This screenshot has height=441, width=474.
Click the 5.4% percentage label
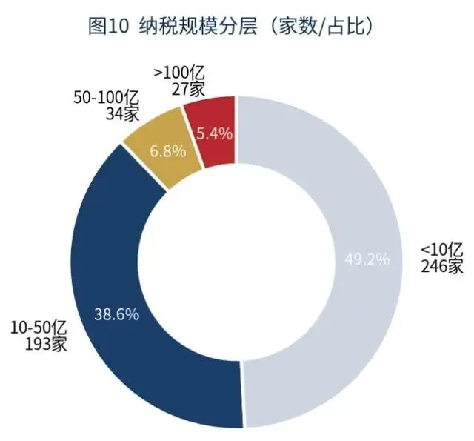[214, 133]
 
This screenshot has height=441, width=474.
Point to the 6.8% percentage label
[168, 151]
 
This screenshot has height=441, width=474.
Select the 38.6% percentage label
[117, 314]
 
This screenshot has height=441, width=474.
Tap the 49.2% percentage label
[367, 259]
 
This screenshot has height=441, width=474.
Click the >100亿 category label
[179, 73]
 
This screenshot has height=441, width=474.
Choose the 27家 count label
[188, 89]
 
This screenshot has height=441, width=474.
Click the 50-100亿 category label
[106, 98]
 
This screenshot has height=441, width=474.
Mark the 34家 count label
[122, 113]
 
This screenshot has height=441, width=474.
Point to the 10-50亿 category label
[39, 328]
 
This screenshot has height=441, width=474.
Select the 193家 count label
[46, 344]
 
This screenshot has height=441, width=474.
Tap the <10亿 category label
[442, 251]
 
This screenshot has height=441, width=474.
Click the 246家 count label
[442, 266]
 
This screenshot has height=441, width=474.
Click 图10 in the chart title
[109, 27]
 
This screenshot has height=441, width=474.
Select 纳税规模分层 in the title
[198, 27]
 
